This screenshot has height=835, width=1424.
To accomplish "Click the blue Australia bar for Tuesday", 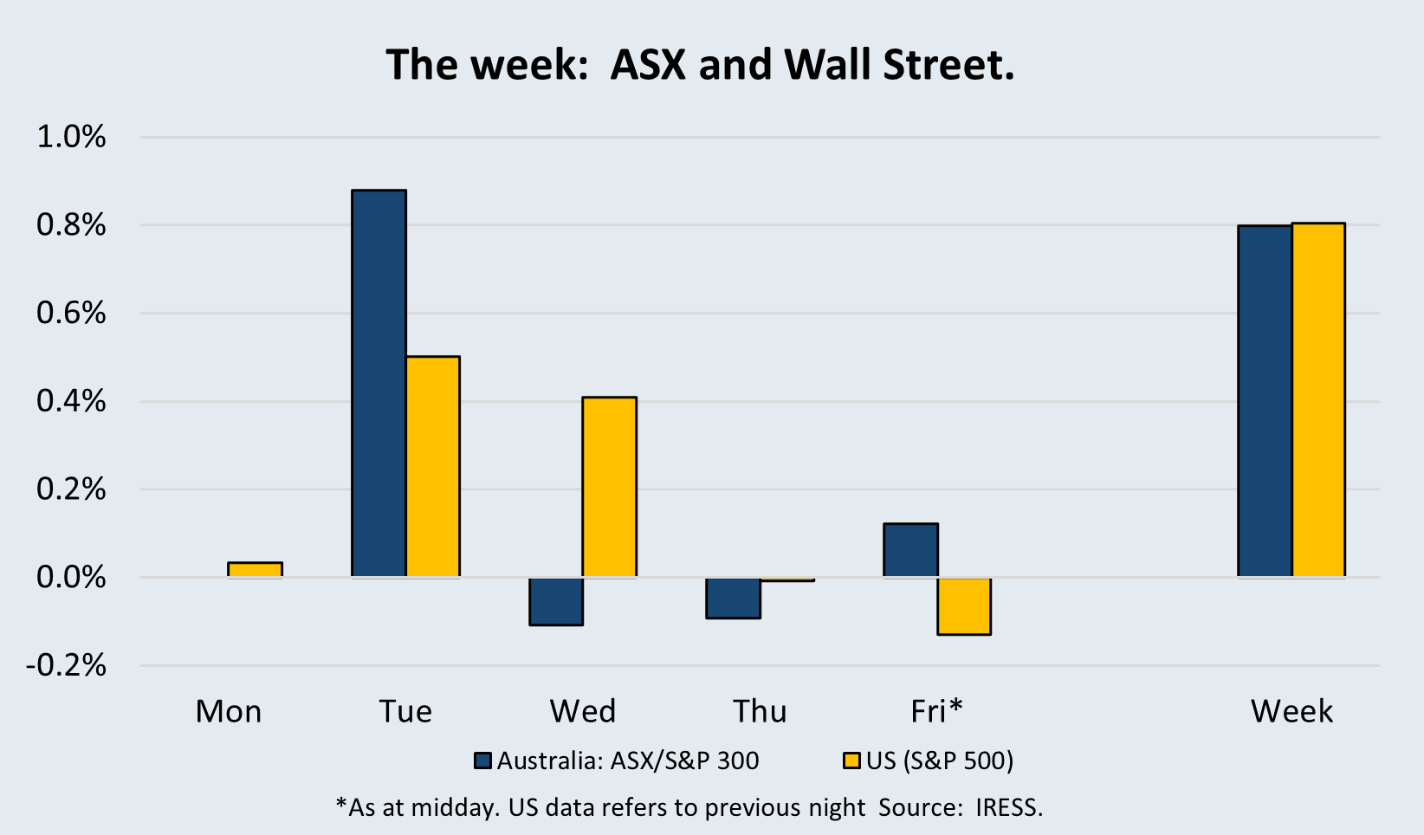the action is (379, 384).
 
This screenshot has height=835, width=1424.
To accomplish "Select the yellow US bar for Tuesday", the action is (433, 467).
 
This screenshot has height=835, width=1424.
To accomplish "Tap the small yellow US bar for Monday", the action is (255, 570).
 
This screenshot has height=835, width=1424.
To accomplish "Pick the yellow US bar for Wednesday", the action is (610, 487).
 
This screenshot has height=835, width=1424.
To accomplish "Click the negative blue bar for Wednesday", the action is (556, 602).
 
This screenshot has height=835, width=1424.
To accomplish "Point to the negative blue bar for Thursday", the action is (733, 598).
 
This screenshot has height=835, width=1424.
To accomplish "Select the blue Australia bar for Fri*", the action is (910, 550).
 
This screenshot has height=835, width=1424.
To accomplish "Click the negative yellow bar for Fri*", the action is (964, 606).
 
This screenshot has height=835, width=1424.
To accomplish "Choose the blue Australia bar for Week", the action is (1265, 401).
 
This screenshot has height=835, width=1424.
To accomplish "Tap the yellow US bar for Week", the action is (1318, 400).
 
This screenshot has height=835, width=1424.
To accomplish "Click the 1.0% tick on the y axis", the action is (71, 137).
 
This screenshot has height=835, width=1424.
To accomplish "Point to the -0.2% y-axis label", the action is (66, 666).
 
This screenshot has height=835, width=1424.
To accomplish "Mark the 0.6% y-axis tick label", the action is (71, 313).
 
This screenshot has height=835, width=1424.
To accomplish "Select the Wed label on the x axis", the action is (583, 711).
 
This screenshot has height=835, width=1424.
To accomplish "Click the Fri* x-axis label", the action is (937, 710).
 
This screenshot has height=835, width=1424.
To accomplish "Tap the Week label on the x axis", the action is (1291, 711).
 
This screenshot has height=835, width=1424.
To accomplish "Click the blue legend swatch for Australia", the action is (483, 761).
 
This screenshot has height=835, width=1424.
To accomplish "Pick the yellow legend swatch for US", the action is (851, 761).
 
